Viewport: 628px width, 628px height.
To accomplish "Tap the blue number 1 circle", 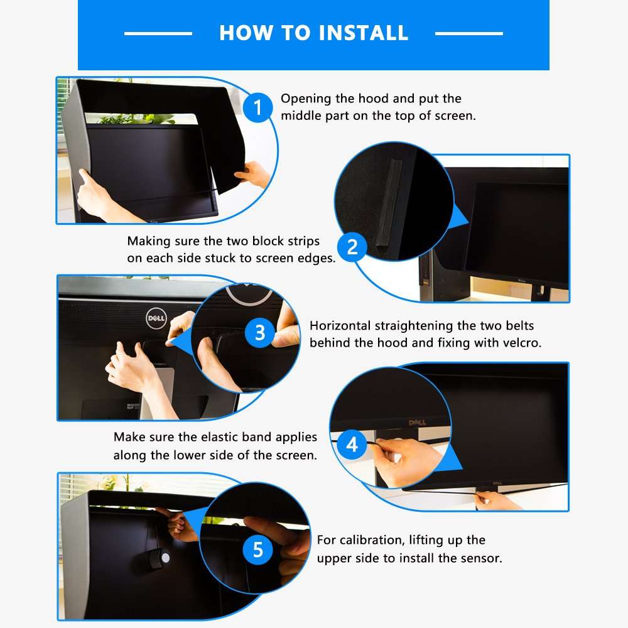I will coord(257,107).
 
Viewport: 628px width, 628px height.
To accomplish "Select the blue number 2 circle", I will coord(352,246).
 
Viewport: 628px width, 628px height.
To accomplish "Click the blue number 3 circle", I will coord(260,332).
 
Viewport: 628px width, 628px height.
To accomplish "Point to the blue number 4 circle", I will coord(352,445).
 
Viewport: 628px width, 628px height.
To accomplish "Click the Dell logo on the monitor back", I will coord(156,318).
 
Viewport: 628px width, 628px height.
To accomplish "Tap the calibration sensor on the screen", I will coord(163,556).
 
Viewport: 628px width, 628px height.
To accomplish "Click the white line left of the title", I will coord(158,33).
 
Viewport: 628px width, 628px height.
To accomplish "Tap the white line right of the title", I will coord(468,33).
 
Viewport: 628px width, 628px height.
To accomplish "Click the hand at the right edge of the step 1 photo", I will coord(256,173).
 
